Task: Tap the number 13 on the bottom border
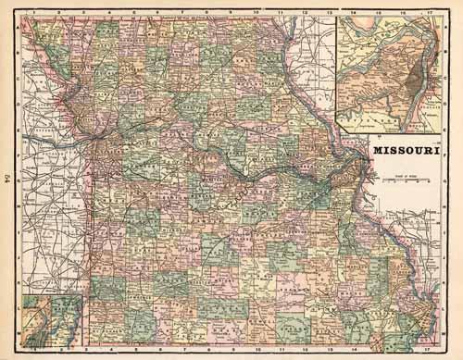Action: [328, 353]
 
